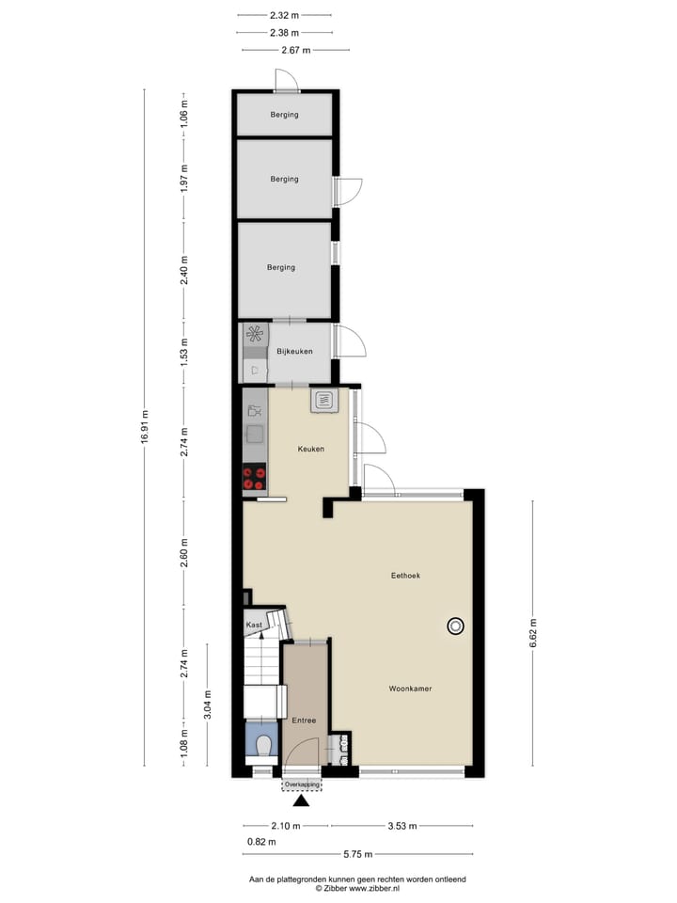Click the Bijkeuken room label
point(294,352)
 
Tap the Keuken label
point(311,449)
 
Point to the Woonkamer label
point(410,689)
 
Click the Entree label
point(303,721)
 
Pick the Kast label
point(254,625)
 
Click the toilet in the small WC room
point(263,746)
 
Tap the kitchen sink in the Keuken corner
point(325,401)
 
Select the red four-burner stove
point(254,480)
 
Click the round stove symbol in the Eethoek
point(456,626)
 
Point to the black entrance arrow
point(301,801)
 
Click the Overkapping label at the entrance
point(302,784)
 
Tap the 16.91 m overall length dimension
point(146,428)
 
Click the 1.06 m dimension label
point(184,115)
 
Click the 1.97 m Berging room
point(283,179)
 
